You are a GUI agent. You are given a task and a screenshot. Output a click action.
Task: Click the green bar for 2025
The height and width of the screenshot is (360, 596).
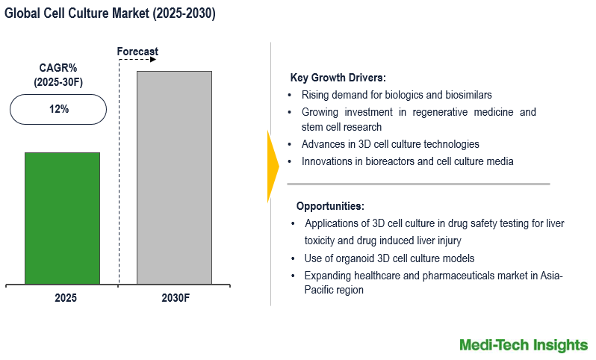pyautogui.click(x=62, y=218)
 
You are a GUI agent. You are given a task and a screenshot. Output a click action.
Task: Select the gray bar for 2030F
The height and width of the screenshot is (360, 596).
pyautogui.click(x=174, y=178)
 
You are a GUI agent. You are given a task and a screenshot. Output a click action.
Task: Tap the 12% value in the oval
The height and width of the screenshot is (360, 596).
pyautogui.click(x=59, y=109)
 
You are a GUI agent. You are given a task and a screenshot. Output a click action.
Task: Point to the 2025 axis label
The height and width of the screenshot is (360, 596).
pyautogui.click(x=66, y=297)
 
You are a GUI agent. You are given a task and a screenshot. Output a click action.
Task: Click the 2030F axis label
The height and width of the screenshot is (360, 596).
pyautogui.click(x=176, y=297)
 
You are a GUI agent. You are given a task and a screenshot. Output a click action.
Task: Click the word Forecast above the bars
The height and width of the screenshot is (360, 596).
pyautogui.click(x=137, y=52)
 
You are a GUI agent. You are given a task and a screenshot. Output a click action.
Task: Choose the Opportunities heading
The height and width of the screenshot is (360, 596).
pyautogui.click(x=330, y=206)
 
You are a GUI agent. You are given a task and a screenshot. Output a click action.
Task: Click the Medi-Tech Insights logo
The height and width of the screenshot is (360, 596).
pyautogui.click(x=524, y=344)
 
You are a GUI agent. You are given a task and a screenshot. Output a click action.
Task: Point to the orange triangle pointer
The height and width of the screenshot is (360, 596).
pyautogui.click(x=273, y=166)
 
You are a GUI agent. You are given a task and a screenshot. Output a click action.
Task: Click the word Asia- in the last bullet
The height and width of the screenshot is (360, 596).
pyautogui.click(x=550, y=276)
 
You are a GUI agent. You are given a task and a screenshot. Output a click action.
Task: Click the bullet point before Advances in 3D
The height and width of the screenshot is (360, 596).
pyautogui.click(x=290, y=144)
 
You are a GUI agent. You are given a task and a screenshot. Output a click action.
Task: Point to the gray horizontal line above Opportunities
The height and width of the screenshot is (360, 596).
pyautogui.click(x=418, y=184)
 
